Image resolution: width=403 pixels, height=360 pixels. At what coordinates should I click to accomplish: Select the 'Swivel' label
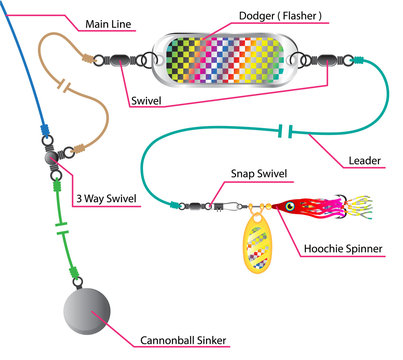152,102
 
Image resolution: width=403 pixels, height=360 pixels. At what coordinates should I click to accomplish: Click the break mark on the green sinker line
61,241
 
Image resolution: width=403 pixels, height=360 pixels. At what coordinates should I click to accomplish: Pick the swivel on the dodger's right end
334,59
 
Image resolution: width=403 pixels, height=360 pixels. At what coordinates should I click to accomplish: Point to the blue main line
28,70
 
